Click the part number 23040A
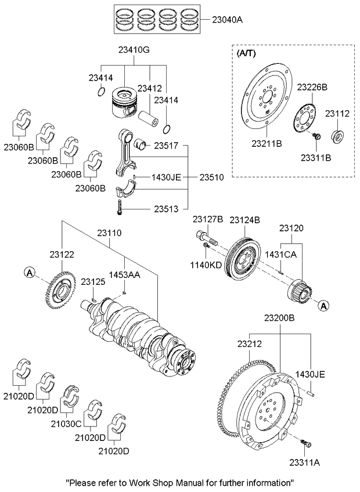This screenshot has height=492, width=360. coord(226,20)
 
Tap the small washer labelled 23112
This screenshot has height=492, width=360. coord(337,137)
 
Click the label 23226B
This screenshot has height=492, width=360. coord(312,87)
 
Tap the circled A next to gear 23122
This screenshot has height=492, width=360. coord(30,272)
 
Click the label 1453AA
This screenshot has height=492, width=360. coord(125,276)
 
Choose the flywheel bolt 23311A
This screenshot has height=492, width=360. coord(305,444)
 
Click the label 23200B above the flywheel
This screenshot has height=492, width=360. coord(279,318)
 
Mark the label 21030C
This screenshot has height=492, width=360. coord(74,424)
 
